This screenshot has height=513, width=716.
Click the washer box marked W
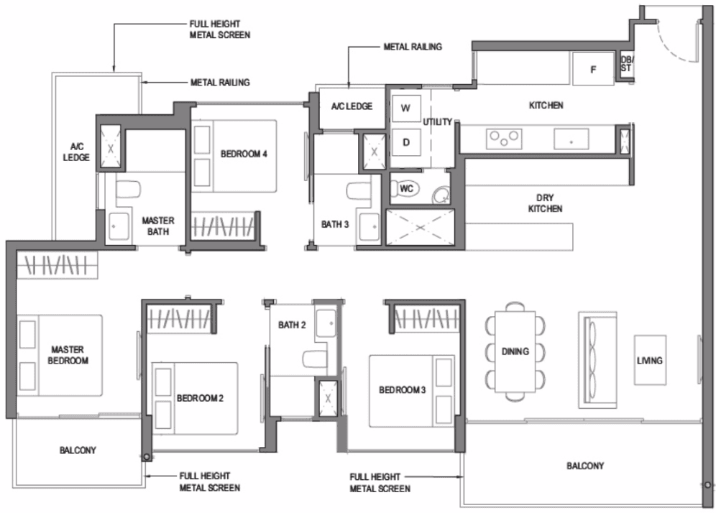(406, 108)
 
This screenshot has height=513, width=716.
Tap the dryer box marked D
(406, 142)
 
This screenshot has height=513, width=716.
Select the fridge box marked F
(593, 69)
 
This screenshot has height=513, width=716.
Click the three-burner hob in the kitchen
(504, 139)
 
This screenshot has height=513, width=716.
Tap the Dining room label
(515, 351)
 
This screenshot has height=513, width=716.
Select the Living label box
(650, 361)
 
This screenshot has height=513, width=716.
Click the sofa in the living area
(597, 360)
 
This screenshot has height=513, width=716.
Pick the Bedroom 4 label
(244, 154)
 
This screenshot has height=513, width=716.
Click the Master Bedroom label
(68, 355)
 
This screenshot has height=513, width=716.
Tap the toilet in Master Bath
(128, 190)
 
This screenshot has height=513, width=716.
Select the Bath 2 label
(292, 325)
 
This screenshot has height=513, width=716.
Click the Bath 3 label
(335, 225)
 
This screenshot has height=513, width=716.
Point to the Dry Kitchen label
(545, 203)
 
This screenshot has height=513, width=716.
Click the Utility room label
(438, 122)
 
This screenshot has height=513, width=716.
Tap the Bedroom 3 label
(403, 390)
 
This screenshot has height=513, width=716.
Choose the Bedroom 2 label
(200, 399)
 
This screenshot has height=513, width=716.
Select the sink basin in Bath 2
(326, 323)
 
